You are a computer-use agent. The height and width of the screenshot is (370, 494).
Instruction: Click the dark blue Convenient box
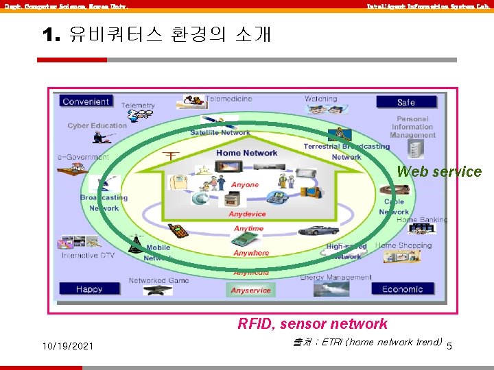[x=86, y=101]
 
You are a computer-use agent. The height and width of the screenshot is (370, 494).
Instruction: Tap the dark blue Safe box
[x=405, y=102]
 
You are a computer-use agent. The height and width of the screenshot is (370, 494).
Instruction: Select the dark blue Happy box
[x=89, y=289]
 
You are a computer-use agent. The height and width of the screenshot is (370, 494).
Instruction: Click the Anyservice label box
[x=250, y=291]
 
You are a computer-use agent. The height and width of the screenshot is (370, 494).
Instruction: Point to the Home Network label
[x=246, y=153]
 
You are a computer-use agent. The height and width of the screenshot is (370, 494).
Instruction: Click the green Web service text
[x=439, y=172]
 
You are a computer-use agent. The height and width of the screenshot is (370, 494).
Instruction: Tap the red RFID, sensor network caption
[x=312, y=324]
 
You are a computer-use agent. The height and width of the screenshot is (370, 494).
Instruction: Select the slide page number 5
[x=449, y=347]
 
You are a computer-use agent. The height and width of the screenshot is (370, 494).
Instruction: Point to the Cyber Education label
[x=97, y=125]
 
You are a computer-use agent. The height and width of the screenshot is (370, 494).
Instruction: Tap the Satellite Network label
[x=220, y=132]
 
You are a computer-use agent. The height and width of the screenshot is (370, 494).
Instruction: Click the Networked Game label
[x=158, y=280]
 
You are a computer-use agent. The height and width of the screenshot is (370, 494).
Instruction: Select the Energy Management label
[x=336, y=277]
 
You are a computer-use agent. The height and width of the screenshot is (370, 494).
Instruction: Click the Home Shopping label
[x=403, y=245]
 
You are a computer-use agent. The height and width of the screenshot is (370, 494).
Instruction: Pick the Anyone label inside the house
[x=245, y=185]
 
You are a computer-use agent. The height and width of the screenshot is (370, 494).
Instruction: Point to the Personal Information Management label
[x=412, y=127]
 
